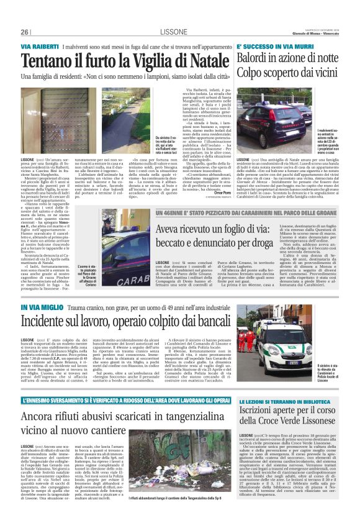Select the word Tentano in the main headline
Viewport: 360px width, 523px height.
47,61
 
